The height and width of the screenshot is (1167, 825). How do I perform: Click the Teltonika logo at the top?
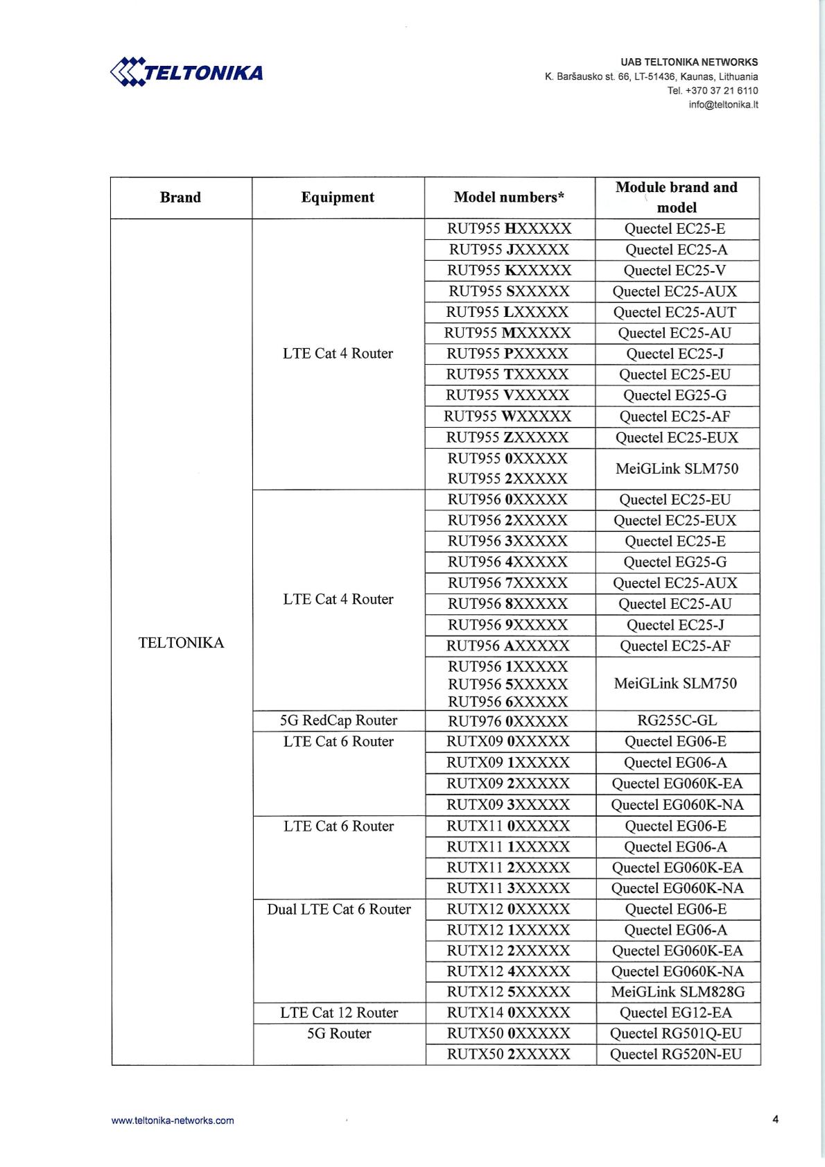pos(186,72)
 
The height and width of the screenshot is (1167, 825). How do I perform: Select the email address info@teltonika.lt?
pos(723,105)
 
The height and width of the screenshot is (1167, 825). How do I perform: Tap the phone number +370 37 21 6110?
pos(722,91)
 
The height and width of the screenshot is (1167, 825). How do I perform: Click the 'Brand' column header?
pos(180,198)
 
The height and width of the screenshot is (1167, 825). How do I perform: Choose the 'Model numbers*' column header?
pos(509,198)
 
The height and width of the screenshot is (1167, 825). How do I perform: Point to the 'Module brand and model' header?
pos(677,197)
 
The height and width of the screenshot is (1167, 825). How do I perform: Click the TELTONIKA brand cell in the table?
pos(182,643)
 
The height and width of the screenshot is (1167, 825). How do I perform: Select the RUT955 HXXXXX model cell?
pos(509,229)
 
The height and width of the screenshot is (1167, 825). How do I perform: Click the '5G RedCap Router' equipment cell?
pos(338,720)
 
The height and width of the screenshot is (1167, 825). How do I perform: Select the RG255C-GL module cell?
pos(676,721)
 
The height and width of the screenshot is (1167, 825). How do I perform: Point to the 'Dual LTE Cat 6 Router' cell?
pos(338,909)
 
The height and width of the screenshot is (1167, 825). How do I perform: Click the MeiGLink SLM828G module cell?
pos(677,992)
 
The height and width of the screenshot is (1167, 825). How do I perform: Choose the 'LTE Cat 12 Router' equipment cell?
pos(339,1013)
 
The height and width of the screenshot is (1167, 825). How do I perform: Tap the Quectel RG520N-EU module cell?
pos(676,1055)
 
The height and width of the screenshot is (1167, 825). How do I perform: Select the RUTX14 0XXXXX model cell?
pos(508,1013)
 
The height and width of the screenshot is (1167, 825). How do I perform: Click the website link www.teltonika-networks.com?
pos(173,1120)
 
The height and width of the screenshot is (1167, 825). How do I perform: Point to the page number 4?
pos(775,1118)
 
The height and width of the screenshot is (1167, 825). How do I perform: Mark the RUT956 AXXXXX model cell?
pos(508,646)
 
